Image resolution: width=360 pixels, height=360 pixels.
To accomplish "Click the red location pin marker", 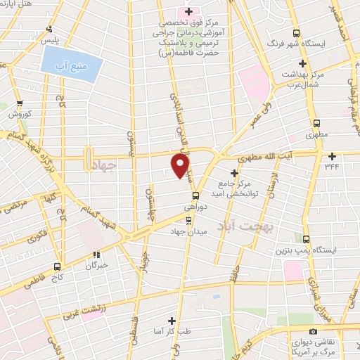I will (x=181, y=166).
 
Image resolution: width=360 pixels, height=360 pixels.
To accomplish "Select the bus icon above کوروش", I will (x=20, y=101).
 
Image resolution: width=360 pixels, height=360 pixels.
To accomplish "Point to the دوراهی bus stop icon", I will (x=195, y=196).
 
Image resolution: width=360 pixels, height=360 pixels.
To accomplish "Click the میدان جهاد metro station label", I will (x=189, y=231).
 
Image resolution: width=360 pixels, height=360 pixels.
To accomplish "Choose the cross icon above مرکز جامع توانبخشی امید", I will (x=235, y=172).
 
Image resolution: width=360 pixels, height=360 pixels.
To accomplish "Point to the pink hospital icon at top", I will (x=187, y=12).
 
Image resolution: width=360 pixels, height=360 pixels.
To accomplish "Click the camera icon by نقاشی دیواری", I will (x=313, y=331).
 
